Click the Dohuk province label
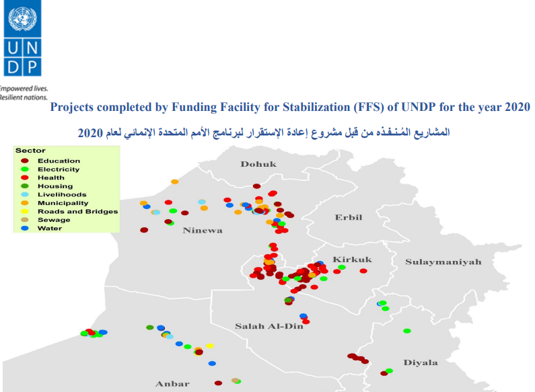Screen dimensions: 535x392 pos(258,164)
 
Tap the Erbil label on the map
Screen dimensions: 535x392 pos(349,217)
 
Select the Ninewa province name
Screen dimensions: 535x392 pos(203,231)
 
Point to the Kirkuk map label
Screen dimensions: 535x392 pos(352,260)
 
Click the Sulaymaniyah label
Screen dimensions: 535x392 pos(443,262)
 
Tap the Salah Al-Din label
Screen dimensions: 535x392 pos(269,326)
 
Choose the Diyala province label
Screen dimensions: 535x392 pos(421,362)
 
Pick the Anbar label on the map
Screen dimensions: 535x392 pos(172,384)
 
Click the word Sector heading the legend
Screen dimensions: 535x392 pos(30,151)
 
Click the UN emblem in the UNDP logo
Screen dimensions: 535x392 pos(22,19)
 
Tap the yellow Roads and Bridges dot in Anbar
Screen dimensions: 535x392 pos(210,346)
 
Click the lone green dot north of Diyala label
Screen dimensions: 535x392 pos(406,331)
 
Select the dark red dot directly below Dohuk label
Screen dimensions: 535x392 pos(256,186)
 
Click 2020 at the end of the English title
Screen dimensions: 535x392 pos(518,107)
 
